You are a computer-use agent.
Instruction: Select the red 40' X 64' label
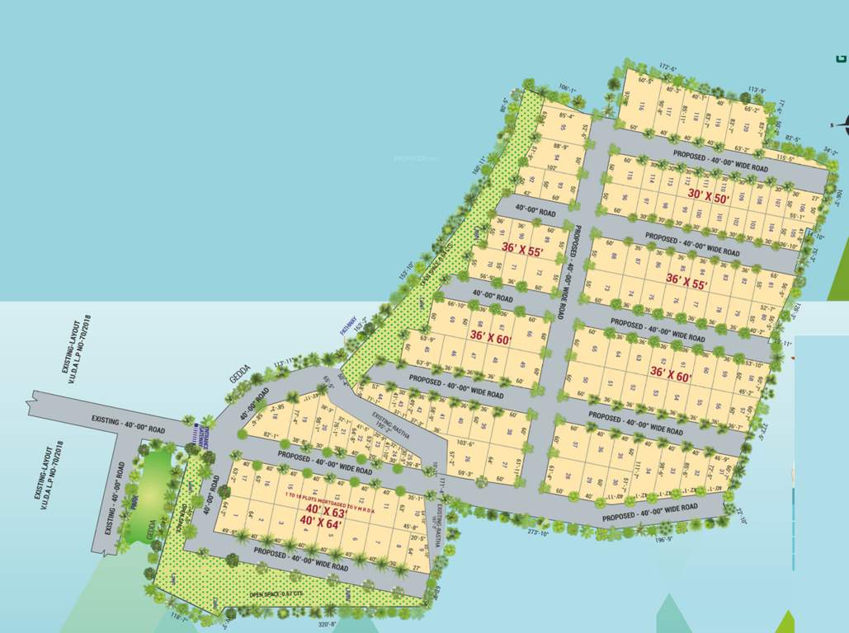pos(321,522)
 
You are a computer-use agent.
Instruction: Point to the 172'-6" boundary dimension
pos(668,68)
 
